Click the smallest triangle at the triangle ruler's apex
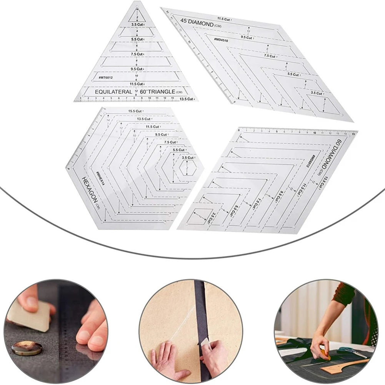pos(137,16)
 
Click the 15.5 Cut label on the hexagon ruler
pos(137,112)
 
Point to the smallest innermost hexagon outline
pos(187,167)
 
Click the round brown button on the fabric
pos(27,348)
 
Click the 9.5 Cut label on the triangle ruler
pos(137,69)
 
